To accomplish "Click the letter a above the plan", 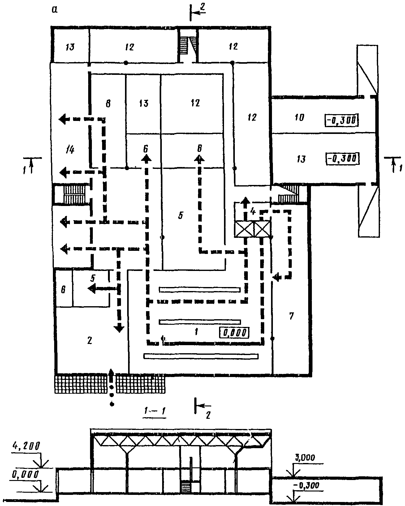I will point(54,10).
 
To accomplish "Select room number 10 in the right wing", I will point(299,117).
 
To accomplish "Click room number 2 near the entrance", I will point(90,340).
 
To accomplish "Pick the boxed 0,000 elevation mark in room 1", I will point(234,332).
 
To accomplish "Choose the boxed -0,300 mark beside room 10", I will point(341,120).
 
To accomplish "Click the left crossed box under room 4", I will point(244,229).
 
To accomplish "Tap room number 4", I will point(253,212).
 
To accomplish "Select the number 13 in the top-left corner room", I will point(70,47).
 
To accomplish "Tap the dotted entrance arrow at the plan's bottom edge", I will point(112,387).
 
